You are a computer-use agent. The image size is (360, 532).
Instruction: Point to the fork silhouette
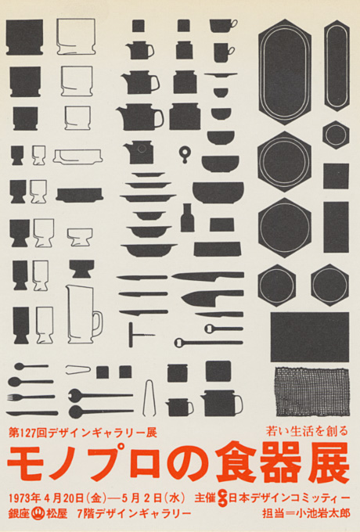coord(31,397)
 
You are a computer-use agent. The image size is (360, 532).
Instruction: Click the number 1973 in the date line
coord(21,498)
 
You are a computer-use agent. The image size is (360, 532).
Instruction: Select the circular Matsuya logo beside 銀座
coord(38,512)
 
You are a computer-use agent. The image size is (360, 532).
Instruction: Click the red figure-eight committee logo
coord(222,498)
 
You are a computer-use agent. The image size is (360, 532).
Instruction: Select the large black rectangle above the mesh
coord(310,337)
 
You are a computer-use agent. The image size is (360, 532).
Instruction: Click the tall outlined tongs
coord(149,397)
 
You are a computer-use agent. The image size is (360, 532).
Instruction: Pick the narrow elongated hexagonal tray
coord(337,66)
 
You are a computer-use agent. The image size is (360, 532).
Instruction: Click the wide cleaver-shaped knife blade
coord(212,297)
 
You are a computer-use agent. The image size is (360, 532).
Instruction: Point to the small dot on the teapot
coord(142,149)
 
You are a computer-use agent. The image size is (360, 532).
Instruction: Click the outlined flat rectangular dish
coord(77,156)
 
